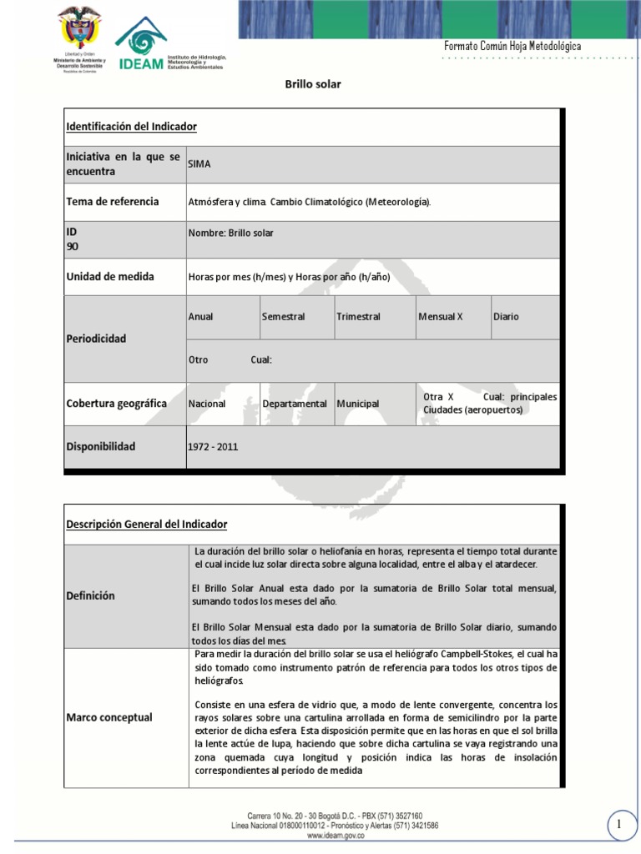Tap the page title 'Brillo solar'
click(x=314, y=84)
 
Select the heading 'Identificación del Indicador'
click(x=131, y=127)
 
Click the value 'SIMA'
click(x=199, y=164)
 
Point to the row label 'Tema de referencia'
click(x=112, y=202)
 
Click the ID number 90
click(x=71, y=247)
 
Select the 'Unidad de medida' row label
click(x=109, y=277)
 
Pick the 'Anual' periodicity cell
click(x=201, y=317)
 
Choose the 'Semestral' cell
click(x=283, y=317)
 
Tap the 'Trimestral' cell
click(x=358, y=317)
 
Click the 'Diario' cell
click(x=506, y=317)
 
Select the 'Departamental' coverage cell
click(x=295, y=404)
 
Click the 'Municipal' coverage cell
click(x=358, y=404)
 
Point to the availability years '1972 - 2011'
click(x=213, y=447)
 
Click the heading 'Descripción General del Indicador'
click(x=146, y=524)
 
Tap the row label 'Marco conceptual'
click(x=109, y=717)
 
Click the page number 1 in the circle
click(x=620, y=825)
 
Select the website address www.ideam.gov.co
click(x=335, y=834)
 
